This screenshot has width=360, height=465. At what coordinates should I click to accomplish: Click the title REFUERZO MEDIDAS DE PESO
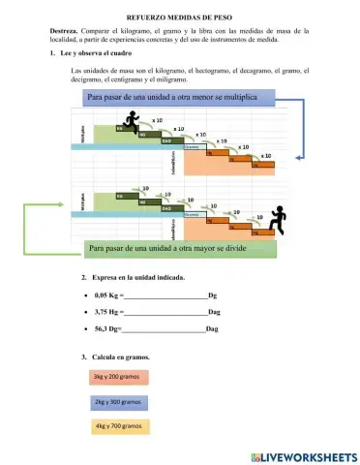click(179, 17)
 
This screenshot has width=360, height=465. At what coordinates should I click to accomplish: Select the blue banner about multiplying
click(179, 98)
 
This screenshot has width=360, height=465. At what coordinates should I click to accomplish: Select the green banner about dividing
click(179, 248)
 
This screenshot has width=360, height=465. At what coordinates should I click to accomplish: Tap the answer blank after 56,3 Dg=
click(163, 329)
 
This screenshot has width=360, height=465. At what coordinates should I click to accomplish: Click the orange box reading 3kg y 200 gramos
click(120, 376)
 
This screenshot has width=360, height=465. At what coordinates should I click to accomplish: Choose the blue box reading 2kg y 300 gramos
click(120, 401)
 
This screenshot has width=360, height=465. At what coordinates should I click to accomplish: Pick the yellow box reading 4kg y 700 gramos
click(120, 426)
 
